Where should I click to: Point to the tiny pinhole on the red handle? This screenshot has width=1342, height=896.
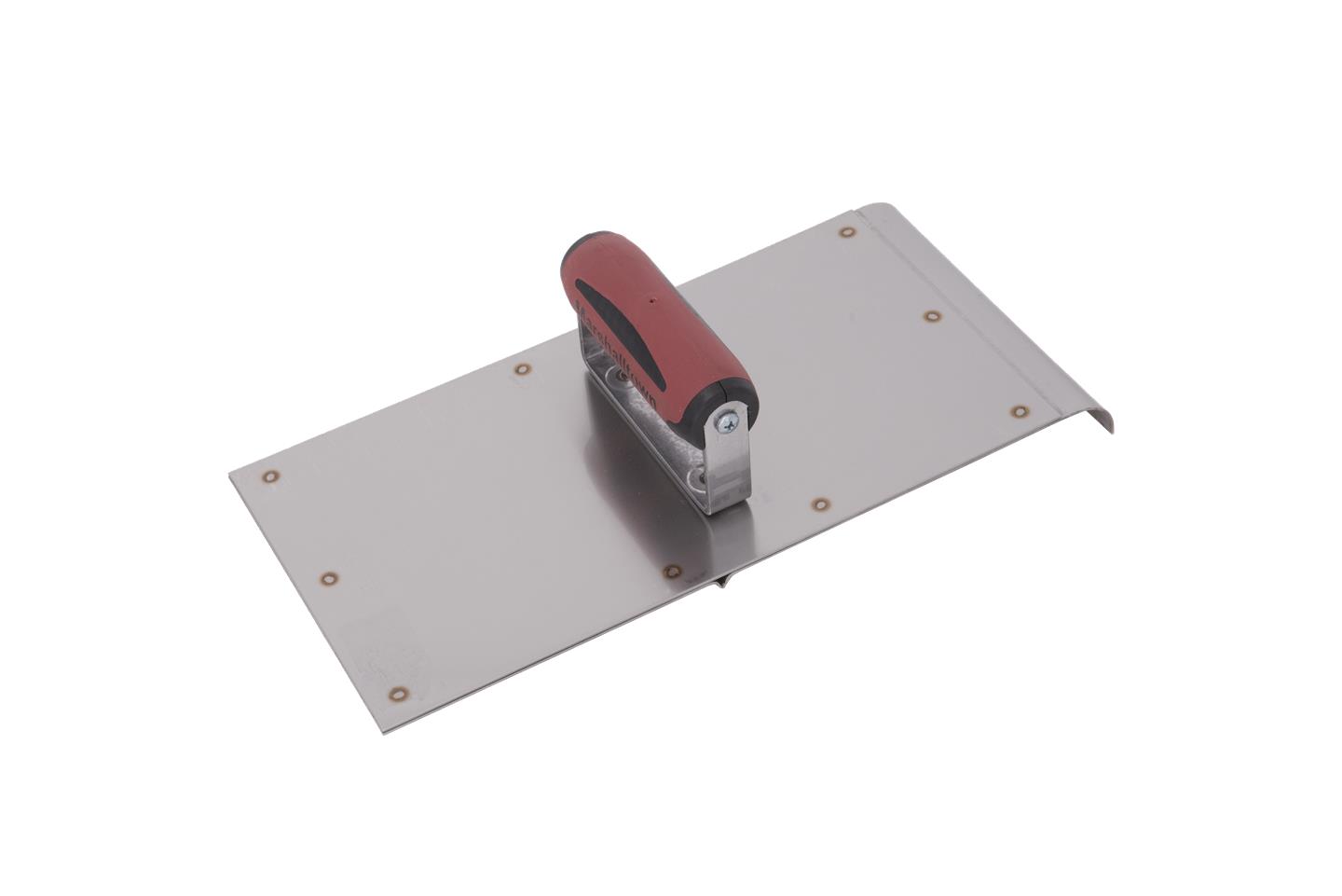(x=651, y=301)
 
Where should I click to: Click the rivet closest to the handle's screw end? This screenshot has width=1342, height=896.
(x=819, y=505)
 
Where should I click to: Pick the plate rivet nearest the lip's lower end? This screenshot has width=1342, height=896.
(x=1020, y=410)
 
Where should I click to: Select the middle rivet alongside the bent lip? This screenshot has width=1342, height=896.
(x=931, y=316)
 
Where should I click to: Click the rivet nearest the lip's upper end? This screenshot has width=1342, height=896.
(x=847, y=232)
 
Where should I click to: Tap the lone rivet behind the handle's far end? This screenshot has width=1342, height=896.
(x=522, y=369)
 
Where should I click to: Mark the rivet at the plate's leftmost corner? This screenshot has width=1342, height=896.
(x=270, y=477)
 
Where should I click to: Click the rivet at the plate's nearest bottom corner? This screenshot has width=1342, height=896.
(x=398, y=694)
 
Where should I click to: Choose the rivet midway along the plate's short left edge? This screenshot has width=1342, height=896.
(x=328, y=578)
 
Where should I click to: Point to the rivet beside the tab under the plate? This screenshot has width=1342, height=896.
(x=671, y=570)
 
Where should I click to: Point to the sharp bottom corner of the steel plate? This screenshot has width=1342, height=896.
(x=385, y=730)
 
